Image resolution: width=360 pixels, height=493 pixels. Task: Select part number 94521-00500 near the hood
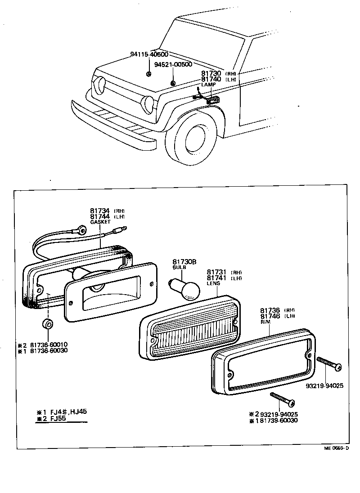tap(173, 64)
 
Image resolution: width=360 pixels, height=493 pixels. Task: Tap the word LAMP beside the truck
tap(209, 85)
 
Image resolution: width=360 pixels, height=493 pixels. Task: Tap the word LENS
tap(213, 283)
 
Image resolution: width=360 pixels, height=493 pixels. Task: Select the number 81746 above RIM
tap(270, 316)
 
